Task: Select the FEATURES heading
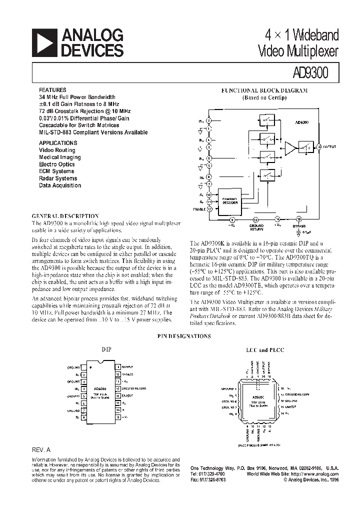pos(51,90)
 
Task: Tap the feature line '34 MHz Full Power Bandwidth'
pos(77,97)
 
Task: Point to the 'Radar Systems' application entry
pos(58,178)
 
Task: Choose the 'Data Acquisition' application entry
pos(60,185)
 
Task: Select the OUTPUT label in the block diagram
pos(329,146)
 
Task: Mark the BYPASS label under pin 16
pos(299,226)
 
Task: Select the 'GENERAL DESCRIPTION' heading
pos(65,216)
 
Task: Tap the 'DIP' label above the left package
pos(106,349)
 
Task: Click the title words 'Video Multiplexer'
pos(298,50)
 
